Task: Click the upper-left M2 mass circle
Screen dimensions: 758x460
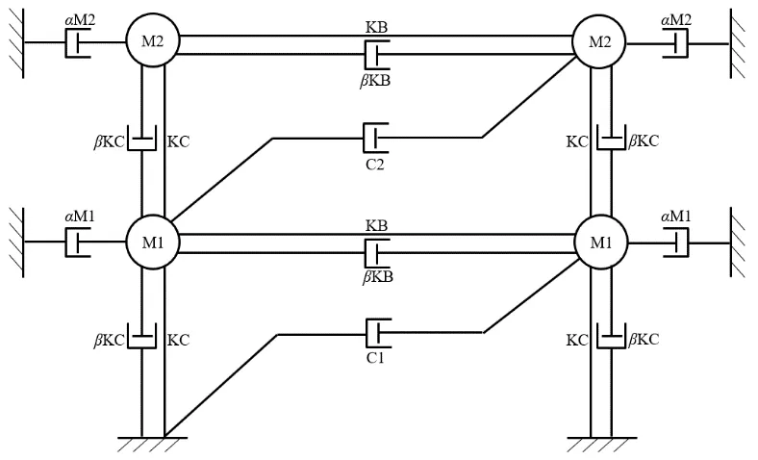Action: click(152, 41)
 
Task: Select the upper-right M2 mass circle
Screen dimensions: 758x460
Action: click(599, 42)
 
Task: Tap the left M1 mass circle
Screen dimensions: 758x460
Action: click(152, 242)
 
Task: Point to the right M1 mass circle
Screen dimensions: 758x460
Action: click(601, 242)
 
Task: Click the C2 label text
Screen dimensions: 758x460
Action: click(375, 165)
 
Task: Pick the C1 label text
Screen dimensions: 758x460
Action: click(375, 358)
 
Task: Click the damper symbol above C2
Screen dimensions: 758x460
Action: click(375, 139)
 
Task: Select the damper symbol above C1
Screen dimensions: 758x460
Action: click(378, 333)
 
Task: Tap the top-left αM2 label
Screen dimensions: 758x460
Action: click(80, 20)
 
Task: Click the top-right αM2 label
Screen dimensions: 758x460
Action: click(676, 20)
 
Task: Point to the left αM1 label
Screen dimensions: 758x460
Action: click(80, 217)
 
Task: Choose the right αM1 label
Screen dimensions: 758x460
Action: click(676, 217)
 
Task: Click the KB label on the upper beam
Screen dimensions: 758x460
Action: click(376, 27)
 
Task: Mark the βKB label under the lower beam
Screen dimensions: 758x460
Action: click(378, 277)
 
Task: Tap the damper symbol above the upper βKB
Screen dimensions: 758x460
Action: click(376, 54)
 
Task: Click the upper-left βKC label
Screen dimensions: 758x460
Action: click(109, 142)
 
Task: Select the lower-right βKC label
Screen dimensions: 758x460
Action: click(644, 340)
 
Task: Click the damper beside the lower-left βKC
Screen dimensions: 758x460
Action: click(141, 336)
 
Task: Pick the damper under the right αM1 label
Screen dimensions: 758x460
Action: click(676, 243)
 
